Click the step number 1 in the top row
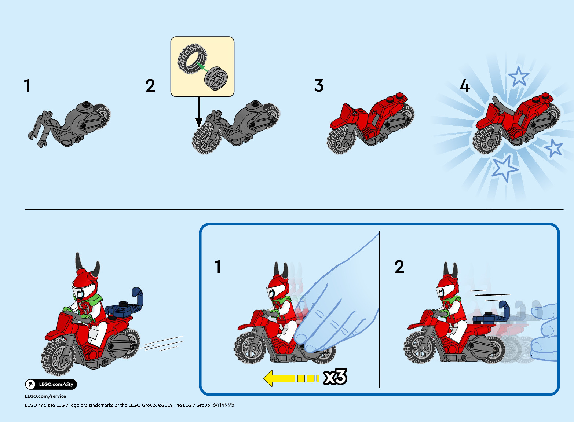pos(27,85)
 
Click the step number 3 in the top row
pos(319,85)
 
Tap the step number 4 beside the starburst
pos(465,85)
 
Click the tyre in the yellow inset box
pos(192,59)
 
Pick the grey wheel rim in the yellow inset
pos(216,78)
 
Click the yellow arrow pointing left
pos(291,378)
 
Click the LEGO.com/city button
pos(51,384)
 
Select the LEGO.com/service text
pos(45,396)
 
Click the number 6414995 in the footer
pos(223,405)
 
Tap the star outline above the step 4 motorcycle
pos(519,76)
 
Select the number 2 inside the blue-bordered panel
pos(399,267)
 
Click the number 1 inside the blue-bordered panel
pos(217,267)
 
